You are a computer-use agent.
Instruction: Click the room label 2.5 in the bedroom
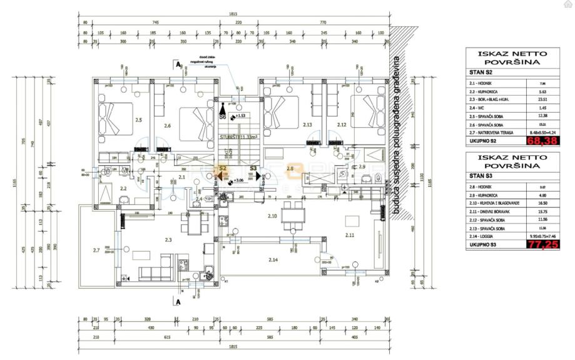(138, 120)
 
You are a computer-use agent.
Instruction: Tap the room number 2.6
(167, 126)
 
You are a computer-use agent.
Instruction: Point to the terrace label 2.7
(96, 250)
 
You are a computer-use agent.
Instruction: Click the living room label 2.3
(168, 240)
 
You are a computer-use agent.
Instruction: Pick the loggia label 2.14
(273, 259)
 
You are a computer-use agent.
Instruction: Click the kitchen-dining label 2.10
(272, 216)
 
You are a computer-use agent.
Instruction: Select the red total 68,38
(541, 141)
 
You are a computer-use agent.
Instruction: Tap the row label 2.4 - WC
(482, 107)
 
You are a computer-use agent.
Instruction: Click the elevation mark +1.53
(240, 116)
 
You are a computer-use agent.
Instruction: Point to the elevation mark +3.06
(238, 181)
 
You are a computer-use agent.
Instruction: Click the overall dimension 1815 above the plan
(233, 14)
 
